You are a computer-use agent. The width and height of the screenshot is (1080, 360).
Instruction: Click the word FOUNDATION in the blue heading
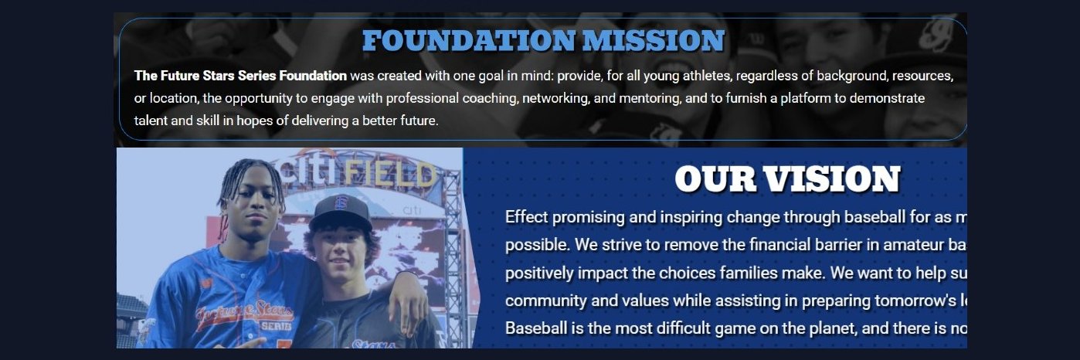pos(469,41)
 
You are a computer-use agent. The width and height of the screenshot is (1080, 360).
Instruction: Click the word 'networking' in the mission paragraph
pos(556,98)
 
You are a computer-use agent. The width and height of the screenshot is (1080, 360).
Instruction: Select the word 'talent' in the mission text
pos(151,121)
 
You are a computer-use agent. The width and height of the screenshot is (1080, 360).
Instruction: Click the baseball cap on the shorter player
pos(340,210)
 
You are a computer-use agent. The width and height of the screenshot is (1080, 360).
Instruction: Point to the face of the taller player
pos(253,204)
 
